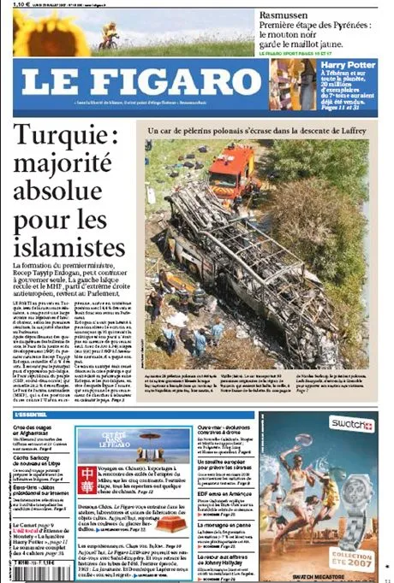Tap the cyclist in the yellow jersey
(x=109, y=35)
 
